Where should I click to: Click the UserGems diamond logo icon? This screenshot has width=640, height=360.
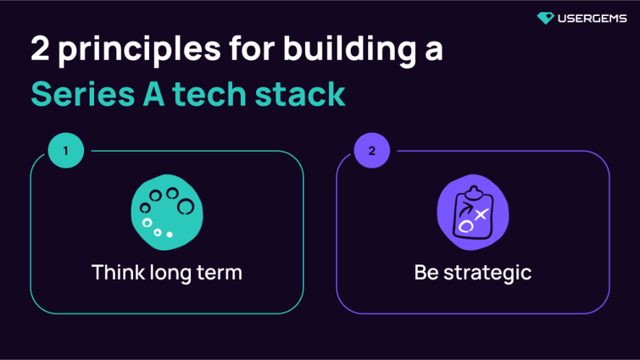coord(546,18)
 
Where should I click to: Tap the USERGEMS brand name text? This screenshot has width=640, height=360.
coord(592,18)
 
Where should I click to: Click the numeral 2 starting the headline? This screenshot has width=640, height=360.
coord(40,50)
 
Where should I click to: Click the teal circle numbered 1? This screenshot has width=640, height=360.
coord(66,152)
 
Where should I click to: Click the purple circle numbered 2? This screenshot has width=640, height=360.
coord(372,152)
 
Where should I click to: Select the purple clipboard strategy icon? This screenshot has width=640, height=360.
coord(473,214)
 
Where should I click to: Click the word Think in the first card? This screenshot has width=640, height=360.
coord(118,273)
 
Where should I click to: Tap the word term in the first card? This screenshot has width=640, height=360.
coord(221,273)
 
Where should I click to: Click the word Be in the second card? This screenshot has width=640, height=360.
coord(426,273)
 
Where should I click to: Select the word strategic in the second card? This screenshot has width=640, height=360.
coord(487,274)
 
